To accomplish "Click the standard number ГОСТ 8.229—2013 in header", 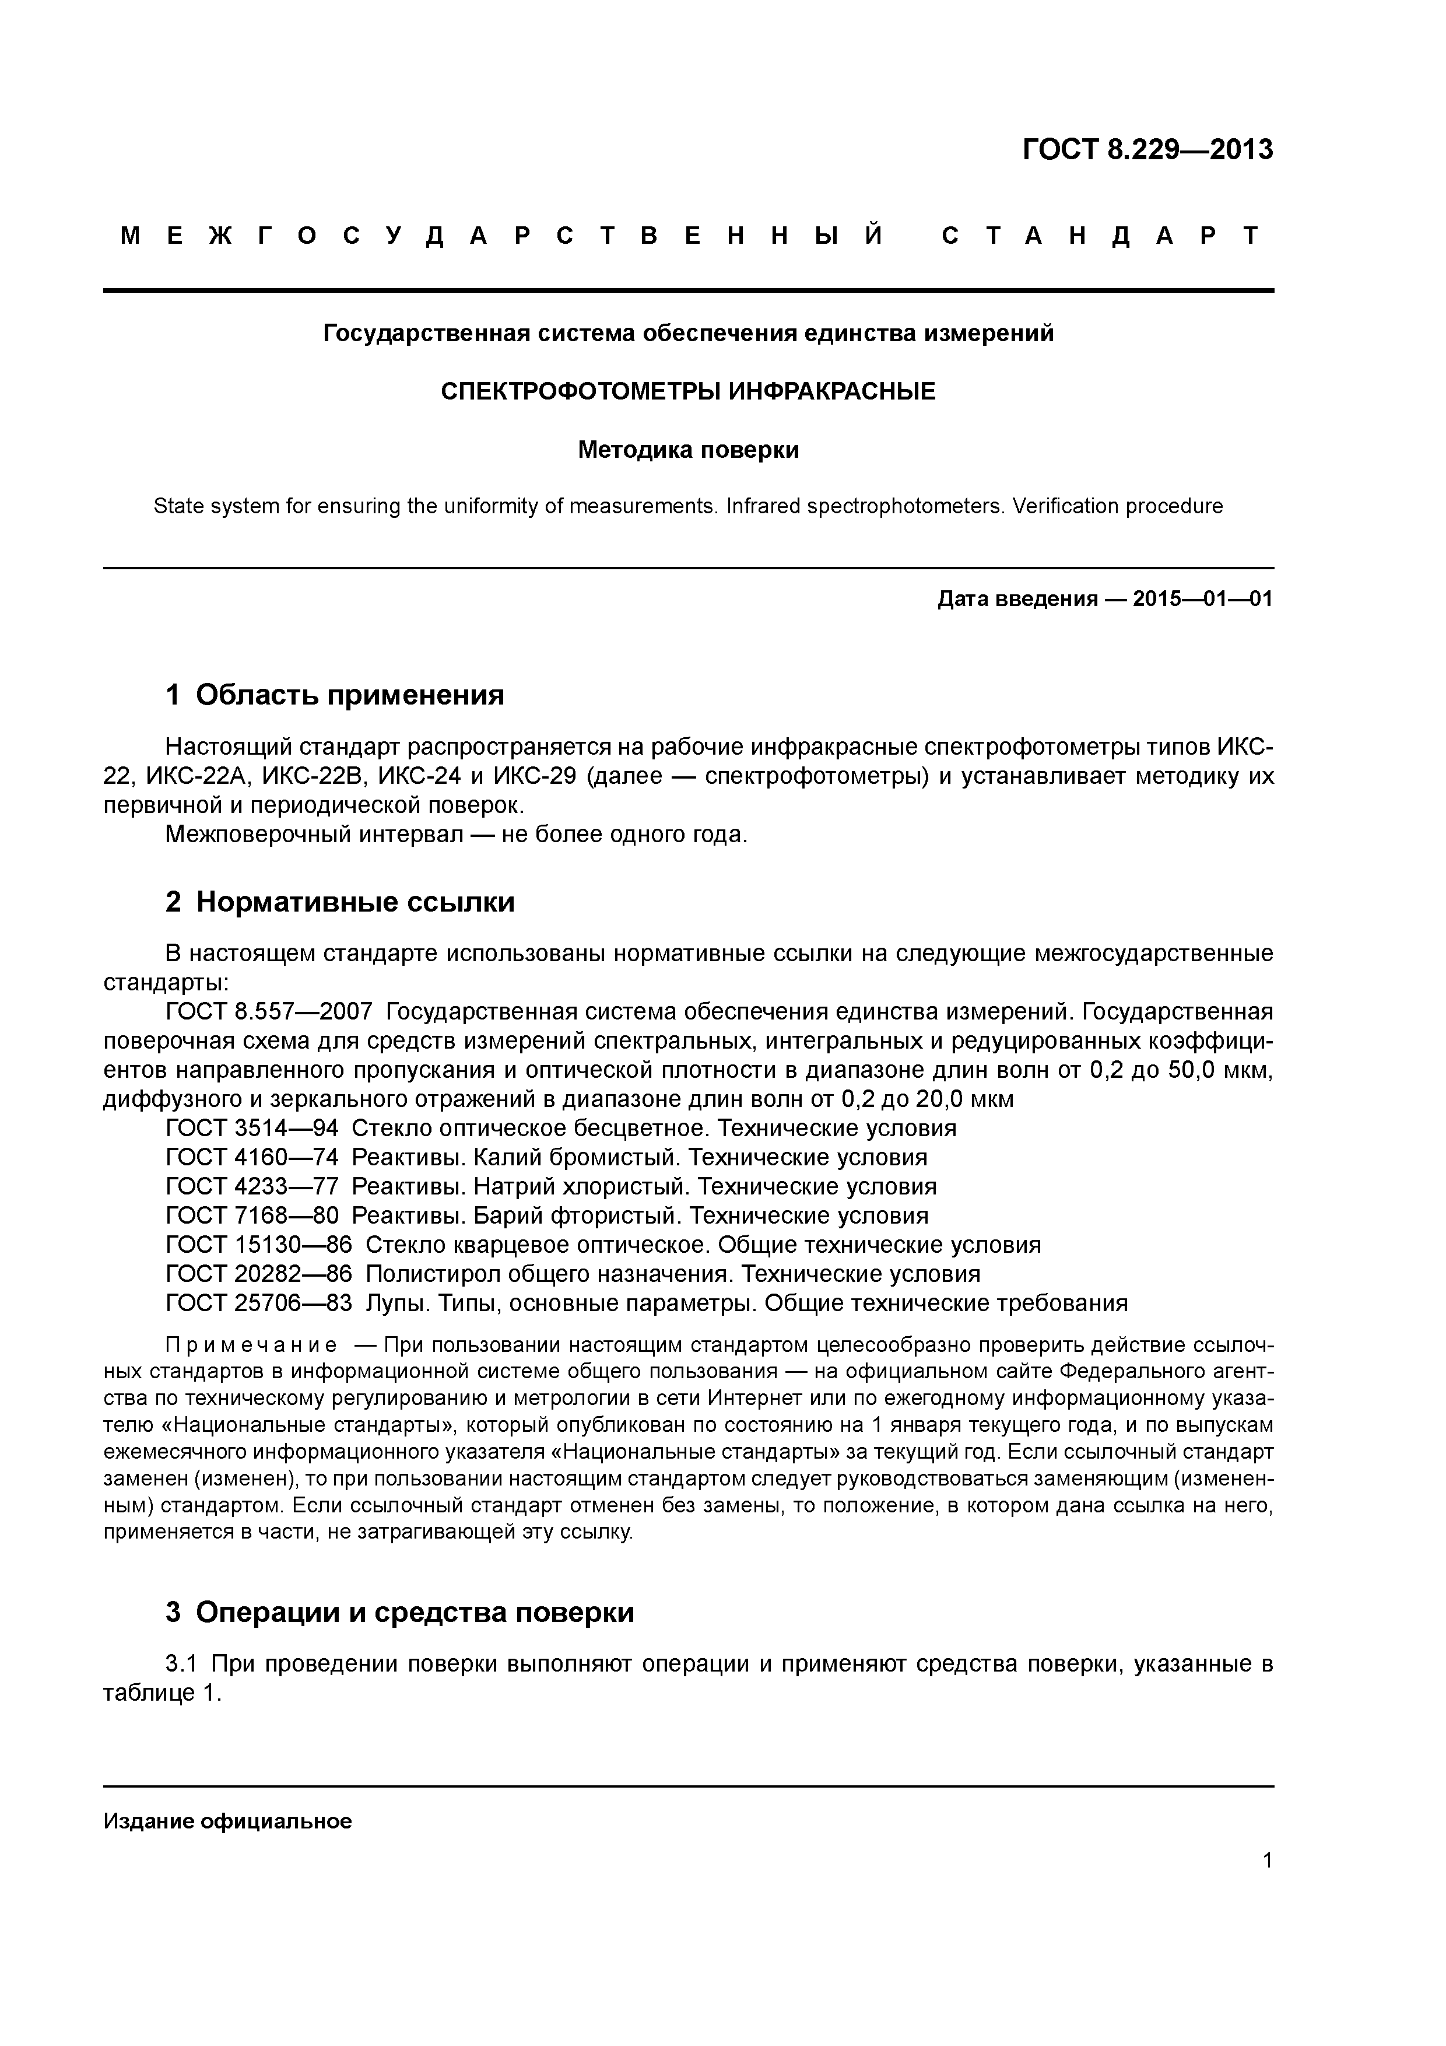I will coord(1147,150).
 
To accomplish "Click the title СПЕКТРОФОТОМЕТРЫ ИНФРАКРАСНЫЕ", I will coord(688,391).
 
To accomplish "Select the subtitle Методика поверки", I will coord(688,450).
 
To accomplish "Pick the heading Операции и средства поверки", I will coord(415,1612).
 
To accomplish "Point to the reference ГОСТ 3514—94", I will coord(251,1128).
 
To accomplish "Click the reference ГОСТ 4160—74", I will coord(251,1158).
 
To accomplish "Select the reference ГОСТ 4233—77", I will coord(251,1187).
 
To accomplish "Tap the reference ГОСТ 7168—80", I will coord(251,1215).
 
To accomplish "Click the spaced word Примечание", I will coord(251,1345).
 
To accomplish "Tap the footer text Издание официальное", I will coord(227,1821).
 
